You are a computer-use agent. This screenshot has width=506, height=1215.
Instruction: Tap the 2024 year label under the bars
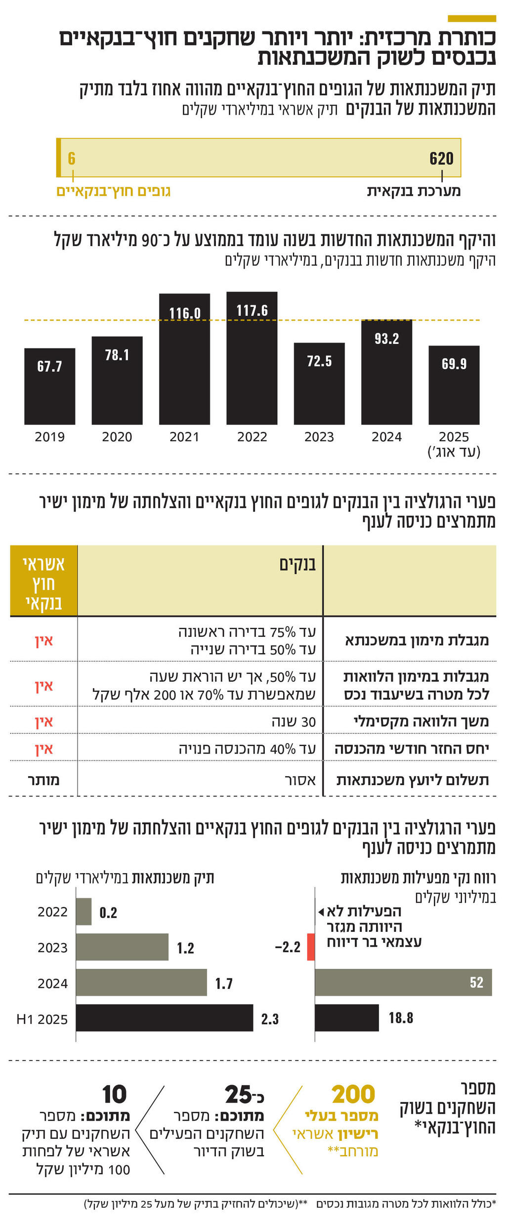386,437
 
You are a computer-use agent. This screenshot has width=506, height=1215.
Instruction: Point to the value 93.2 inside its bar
386,339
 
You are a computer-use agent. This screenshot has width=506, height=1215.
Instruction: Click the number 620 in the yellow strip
441,159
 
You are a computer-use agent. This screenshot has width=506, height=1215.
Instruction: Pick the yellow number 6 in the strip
72,159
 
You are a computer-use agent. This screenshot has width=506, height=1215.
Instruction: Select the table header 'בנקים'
297,564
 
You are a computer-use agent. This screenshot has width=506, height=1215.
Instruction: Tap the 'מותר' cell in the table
43,780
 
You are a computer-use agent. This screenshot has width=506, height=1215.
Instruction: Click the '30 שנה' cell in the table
294,722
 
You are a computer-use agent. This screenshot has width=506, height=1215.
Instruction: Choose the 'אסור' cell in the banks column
300,780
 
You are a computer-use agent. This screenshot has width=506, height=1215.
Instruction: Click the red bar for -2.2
311,947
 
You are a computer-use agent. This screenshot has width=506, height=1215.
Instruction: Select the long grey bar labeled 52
403,982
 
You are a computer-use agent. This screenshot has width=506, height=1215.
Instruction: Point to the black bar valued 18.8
346,1018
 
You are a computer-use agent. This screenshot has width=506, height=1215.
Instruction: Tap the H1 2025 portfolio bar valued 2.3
164,1018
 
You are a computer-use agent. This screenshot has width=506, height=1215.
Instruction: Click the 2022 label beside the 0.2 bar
52,912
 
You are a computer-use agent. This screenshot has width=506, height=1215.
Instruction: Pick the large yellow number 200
353,1094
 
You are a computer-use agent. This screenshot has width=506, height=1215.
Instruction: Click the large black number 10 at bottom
114,1094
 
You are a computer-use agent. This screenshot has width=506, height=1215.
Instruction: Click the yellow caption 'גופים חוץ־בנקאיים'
113,192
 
